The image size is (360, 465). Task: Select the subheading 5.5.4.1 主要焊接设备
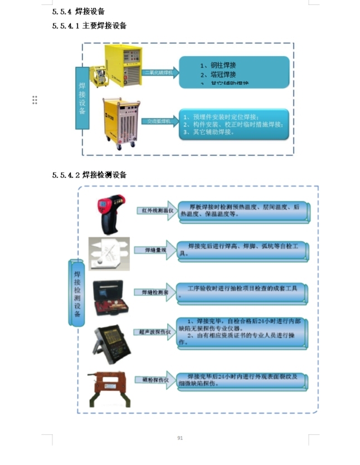(89, 26)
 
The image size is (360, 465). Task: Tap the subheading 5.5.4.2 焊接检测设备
(89, 175)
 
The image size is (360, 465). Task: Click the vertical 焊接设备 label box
(82, 98)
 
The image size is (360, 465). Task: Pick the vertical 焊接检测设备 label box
(77, 292)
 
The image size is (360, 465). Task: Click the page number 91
(180, 438)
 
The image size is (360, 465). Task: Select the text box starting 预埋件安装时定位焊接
(233, 125)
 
